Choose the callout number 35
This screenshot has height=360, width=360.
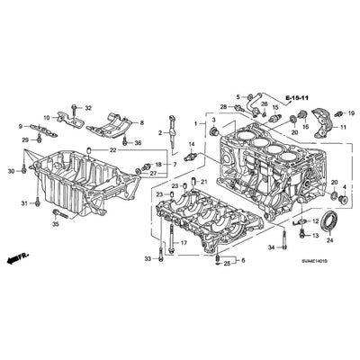click(56, 225)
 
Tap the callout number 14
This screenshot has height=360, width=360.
click(191, 145)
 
